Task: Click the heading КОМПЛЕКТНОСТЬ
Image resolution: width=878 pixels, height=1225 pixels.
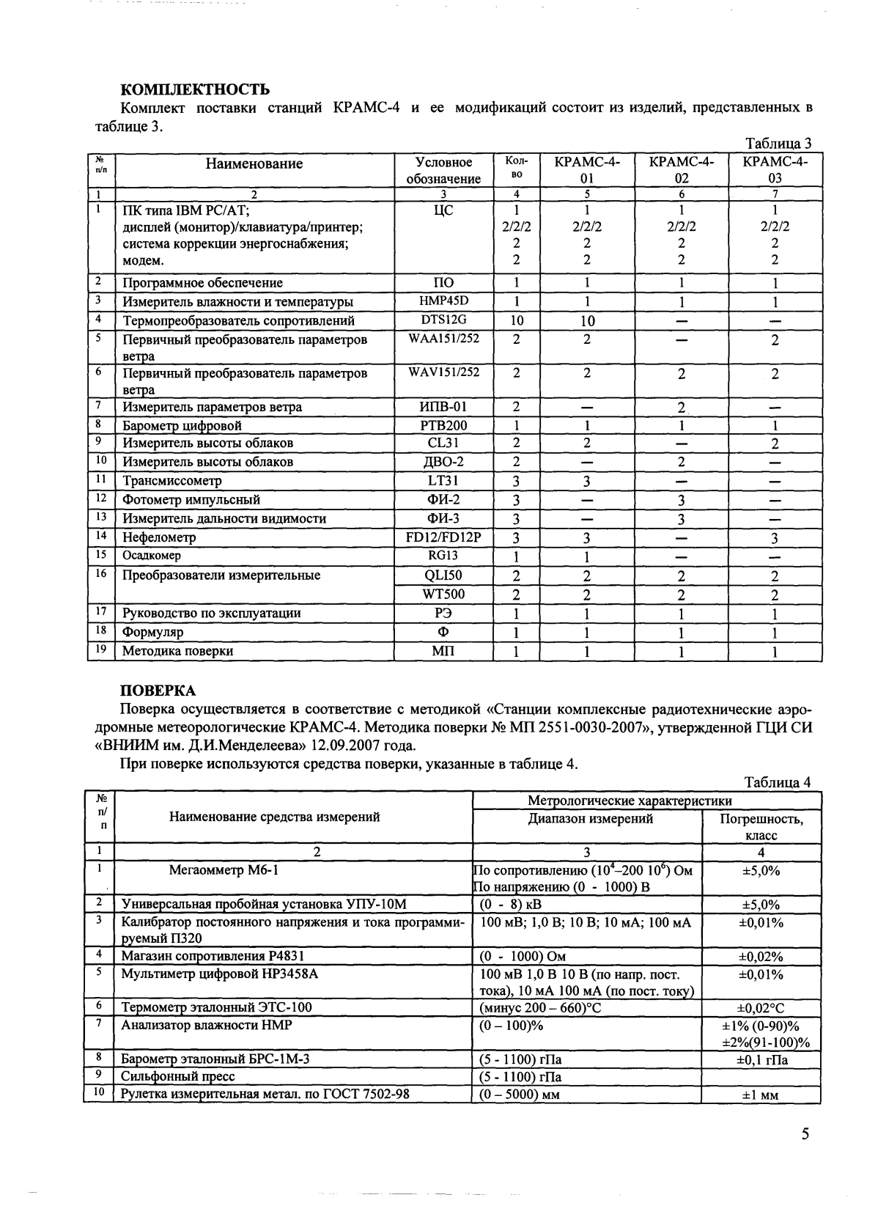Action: click(195, 90)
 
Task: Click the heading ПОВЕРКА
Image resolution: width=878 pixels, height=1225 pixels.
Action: click(158, 691)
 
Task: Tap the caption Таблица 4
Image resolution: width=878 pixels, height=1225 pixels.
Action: click(778, 782)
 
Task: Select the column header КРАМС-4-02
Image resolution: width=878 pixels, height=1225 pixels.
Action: click(682, 169)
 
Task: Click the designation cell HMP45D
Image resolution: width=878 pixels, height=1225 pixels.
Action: click(443, 301)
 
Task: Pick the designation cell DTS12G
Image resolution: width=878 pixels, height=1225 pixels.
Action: click(443, 320)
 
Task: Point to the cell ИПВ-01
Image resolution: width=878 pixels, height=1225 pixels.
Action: click(443, 407)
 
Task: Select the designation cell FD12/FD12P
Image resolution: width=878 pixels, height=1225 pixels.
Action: click(443, 537)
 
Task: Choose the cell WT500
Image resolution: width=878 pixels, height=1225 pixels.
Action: click(443, 595)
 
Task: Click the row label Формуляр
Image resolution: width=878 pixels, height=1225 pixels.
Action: click(152, 632)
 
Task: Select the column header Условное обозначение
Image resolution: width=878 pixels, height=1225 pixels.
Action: click(443, 170)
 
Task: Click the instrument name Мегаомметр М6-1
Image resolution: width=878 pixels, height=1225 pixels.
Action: click(224, 871)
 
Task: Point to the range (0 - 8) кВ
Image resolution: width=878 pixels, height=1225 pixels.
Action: click(510, 905)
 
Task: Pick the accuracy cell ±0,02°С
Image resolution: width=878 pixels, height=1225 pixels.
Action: click(760, 1008)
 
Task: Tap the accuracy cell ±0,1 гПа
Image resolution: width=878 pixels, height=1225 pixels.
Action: click(761, 1059)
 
